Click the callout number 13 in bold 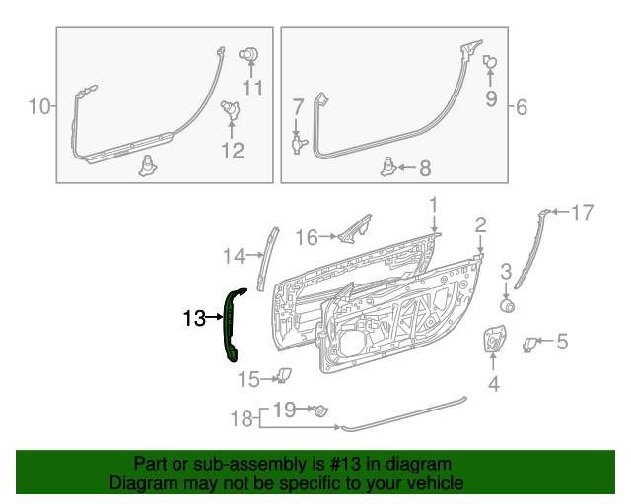pos(193,318)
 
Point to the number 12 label pos(232,151)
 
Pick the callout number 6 pos(522,106)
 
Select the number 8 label pos(425,168)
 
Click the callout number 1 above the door pos(432,205)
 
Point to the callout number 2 pos(480,225)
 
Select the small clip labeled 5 pos(530,344)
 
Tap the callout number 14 pos(233,257)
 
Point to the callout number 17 pos(583,212)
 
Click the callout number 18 pos(242,419)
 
